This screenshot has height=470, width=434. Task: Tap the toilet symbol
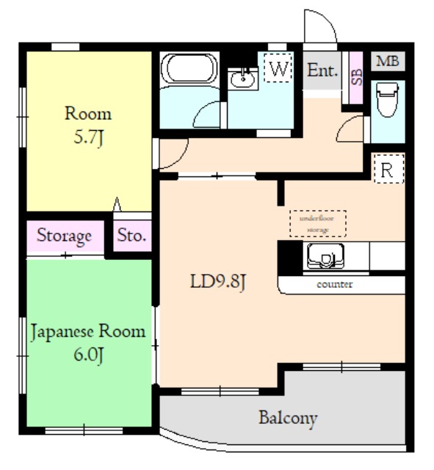point(387,100)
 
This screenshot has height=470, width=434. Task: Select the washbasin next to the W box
point(242,79)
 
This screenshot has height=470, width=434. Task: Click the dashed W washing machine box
point(278,68)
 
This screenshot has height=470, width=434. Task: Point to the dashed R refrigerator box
point(388,168)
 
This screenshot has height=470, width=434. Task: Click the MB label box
point(388,61)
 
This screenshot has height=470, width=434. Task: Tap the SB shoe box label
point(357,77)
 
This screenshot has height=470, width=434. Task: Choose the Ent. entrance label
point(322,70)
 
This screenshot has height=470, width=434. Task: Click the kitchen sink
point(325,256)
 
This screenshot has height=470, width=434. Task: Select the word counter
point(334,284)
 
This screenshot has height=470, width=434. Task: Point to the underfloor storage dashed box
point(318,223)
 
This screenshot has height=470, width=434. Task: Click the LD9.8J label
point(218,282)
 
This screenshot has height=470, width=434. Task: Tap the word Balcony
point(288,418)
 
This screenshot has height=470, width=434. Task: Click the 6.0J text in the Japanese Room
point(88,355)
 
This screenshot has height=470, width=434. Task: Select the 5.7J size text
point(88,138)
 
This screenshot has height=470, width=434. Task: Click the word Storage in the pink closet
point(64,236)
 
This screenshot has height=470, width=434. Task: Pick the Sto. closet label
point(131,235)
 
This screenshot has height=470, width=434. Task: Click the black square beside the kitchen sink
point(290,258)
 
